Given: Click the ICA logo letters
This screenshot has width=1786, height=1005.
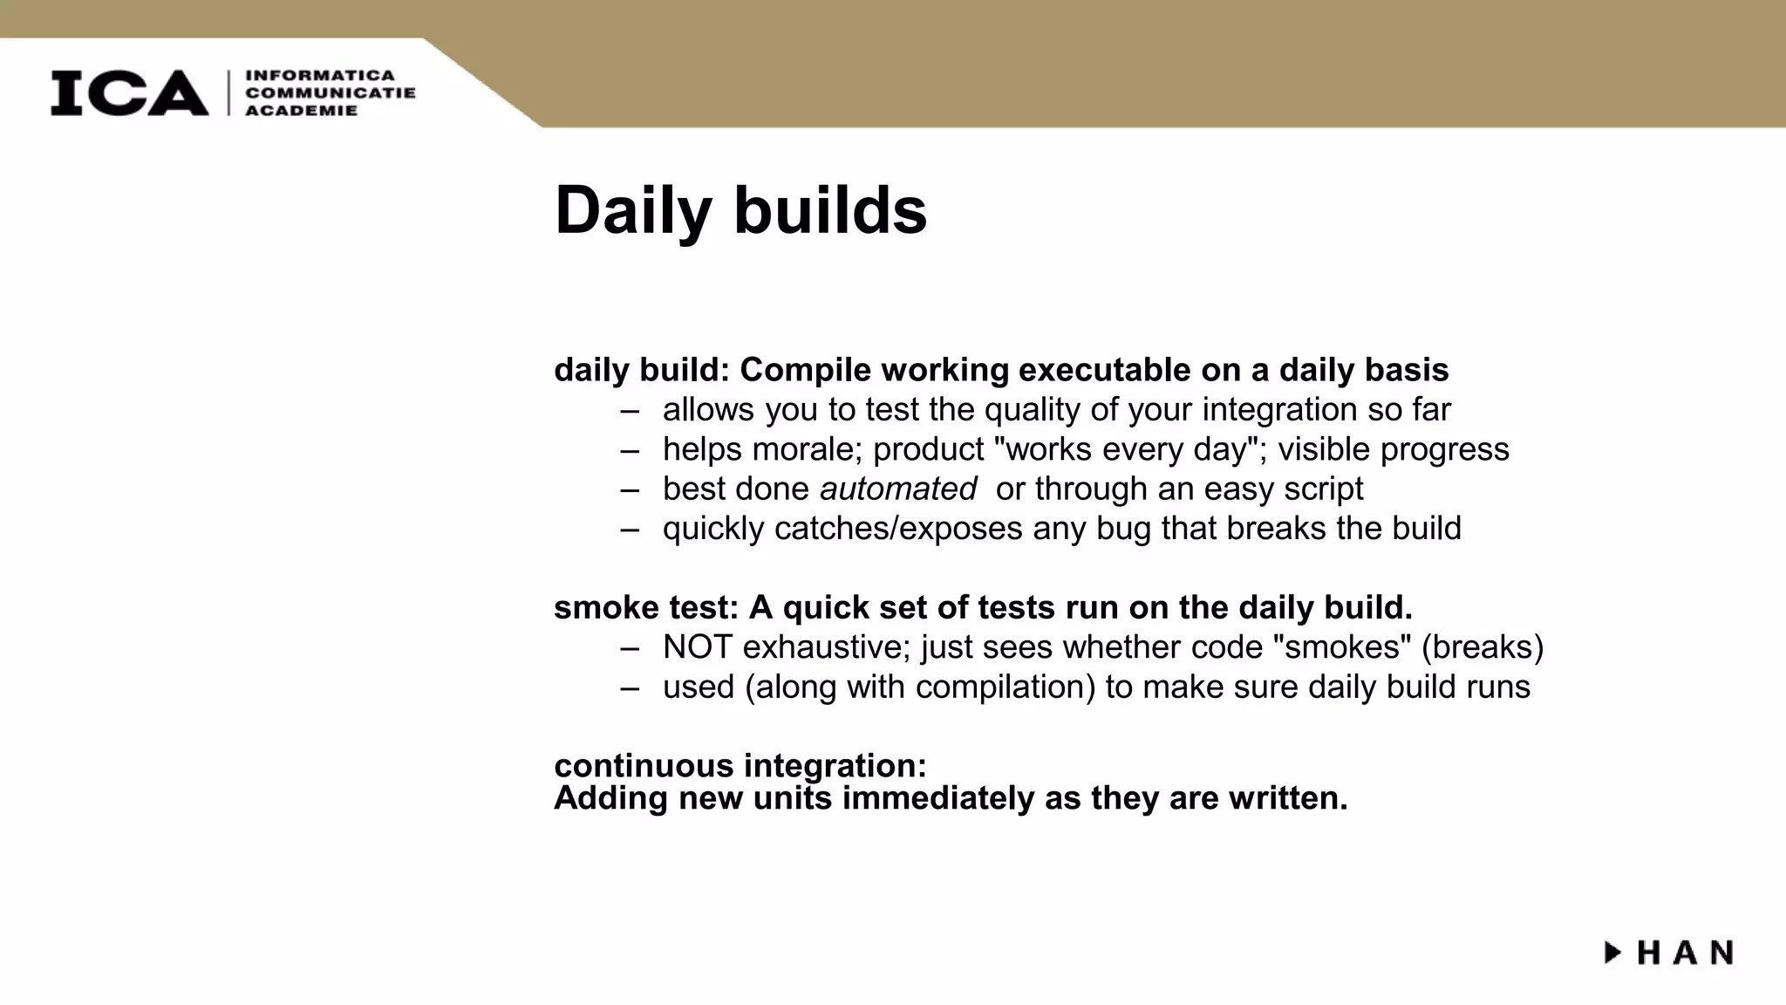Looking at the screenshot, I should [x=129, y=92].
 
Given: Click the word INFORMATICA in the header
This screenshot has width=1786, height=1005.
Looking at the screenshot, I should [x=320, y=76].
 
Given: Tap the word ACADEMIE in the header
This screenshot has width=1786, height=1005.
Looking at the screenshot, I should [x=302, y=111].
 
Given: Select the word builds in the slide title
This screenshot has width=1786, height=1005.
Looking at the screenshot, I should [x=830, y=211].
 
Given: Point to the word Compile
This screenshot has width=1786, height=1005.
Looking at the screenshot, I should [x=805, y=371].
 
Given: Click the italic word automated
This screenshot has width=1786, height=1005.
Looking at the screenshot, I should [x=897, y=489].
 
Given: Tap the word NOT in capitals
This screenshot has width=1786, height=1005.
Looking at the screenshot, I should [x=698, y=647].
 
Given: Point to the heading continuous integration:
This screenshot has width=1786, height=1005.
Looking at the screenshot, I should [x=740, y=766].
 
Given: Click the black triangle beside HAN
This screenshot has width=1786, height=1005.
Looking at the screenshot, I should [x=1612, y=952].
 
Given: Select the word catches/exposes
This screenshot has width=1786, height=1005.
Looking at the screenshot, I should [x=898, y=529].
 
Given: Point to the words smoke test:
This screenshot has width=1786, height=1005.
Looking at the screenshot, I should [x=645, y=608].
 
